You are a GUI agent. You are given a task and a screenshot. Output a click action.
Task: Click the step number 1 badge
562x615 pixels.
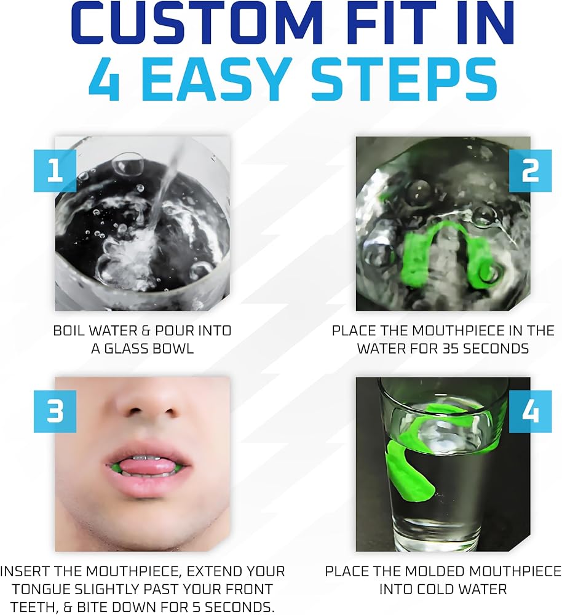point(55,170)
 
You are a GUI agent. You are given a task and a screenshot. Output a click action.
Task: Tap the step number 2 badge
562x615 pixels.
point(530,170)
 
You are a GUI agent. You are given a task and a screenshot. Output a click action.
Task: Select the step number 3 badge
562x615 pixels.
point(55,411)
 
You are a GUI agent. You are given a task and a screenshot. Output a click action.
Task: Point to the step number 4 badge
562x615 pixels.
point(530,411)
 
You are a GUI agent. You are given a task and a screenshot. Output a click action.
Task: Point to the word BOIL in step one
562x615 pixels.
point(69,331)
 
